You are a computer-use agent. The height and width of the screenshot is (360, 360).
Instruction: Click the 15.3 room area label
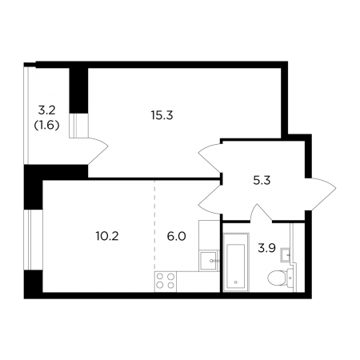pos(162,115)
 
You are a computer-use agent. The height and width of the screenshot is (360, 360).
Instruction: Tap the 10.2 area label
pos(107,236)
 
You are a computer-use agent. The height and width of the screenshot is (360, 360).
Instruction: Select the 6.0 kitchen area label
pos(176,236)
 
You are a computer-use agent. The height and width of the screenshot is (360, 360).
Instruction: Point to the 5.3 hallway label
pos(262,181)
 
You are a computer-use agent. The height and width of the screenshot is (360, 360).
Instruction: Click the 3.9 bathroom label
pos(266,249)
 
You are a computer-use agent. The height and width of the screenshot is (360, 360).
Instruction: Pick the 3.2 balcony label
pos(46,110)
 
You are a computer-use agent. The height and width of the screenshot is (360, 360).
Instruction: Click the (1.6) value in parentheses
pos(46,125)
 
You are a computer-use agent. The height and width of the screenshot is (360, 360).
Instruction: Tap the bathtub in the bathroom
pos(236,262)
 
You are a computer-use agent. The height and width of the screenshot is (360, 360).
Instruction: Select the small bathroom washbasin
pos(285,254)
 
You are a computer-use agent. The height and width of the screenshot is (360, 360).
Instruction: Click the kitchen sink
pos(210,261)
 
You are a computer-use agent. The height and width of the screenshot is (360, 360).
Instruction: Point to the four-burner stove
pos(166,281)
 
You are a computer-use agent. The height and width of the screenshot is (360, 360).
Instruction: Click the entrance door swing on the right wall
pos(321,194)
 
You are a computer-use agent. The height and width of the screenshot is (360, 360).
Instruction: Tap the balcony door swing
pos(98,150)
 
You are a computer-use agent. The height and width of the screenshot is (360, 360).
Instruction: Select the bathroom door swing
pos(261,213)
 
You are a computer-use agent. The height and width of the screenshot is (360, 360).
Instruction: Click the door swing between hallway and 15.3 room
pos(210,158)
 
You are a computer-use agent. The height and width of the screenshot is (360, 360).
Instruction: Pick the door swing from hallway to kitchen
pos(210,199)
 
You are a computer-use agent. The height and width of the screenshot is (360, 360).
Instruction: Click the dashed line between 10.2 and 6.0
pos(154,226)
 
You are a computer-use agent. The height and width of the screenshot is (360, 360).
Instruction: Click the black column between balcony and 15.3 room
pos(78,90)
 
